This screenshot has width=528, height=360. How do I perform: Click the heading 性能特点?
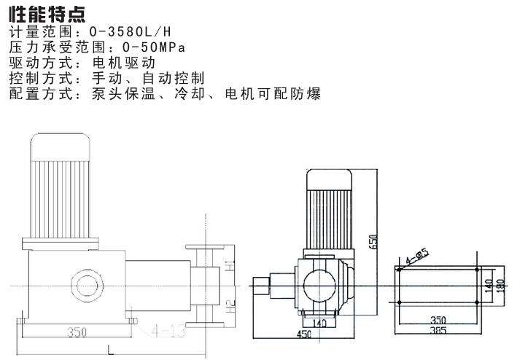click(x=45, y=13)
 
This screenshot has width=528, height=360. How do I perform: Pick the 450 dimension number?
click(x=304, y=334)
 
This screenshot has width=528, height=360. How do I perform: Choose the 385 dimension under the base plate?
click(x=438, y=330)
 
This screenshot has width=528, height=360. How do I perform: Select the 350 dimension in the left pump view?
click(x=77, y=332)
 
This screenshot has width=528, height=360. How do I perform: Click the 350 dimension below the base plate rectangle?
click(x=438, y=319)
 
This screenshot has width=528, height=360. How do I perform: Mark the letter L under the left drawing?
click(x=110, y=352)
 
